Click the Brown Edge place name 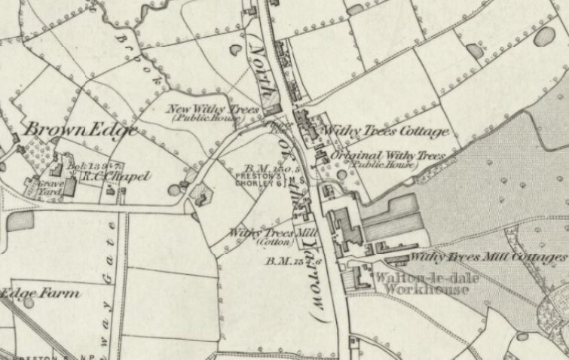click(81, 130)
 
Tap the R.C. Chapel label click(123, 176)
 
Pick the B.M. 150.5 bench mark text click(265, 169)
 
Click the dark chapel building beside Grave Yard click(70, 187)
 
